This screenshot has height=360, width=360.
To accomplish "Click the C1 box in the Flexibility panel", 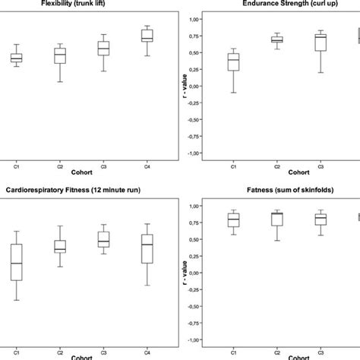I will click(x=16, y=58).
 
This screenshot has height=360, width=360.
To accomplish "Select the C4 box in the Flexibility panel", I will click(x=147, y=36).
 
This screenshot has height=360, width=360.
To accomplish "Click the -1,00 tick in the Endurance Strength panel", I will click(x=193, y=153).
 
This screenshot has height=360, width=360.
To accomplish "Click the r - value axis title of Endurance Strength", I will click(x=181, y=85).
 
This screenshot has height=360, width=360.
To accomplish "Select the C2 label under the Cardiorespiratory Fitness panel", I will click(x=60, y=351).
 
